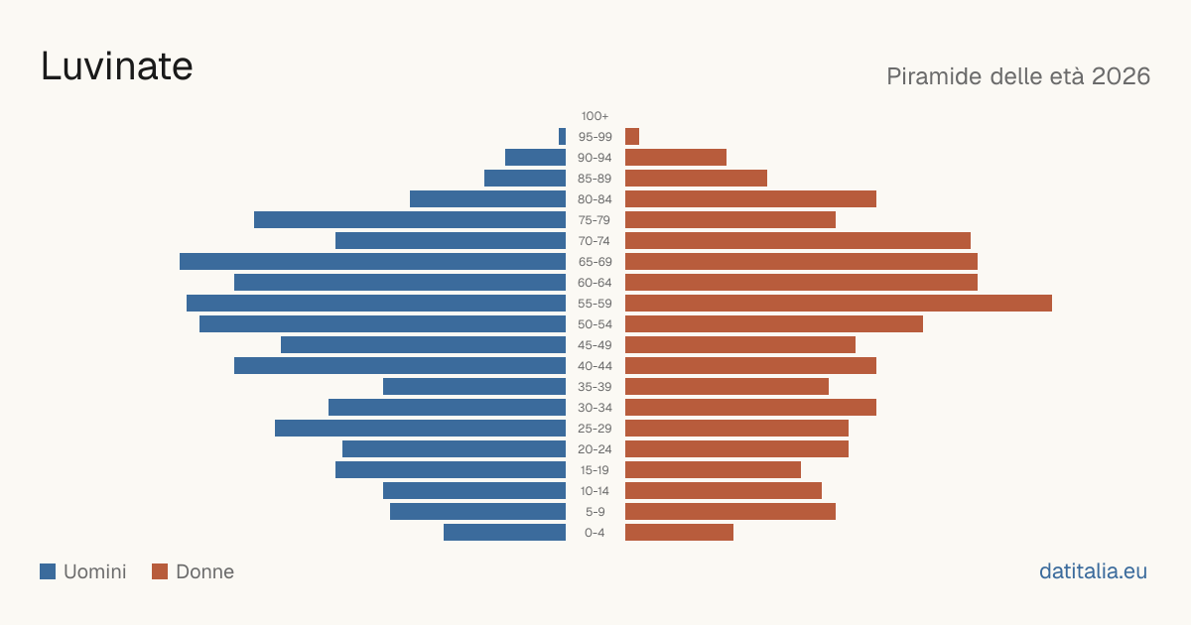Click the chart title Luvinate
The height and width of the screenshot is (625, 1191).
pyautogui.click(x=116, y=66)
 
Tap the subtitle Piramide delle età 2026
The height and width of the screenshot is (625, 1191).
pyautogui.click(x=1018, y=76)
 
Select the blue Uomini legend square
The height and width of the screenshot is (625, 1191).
pyautogui.click(x=48, y=571)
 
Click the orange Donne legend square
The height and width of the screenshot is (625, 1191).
pyautogui.click(x=160, y=571)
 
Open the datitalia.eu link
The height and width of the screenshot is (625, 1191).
pyautogui.click(x=1093, y=571)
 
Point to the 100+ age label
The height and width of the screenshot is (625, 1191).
pyautogui.click(x=595, y=116)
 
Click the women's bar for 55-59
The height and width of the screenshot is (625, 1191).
pyautogui.click(x=839, y=303)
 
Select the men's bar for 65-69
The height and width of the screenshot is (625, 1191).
pyautogui.click(x=373, y=262)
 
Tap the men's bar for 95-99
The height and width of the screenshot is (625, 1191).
pyautogui.click(x=562, y=137)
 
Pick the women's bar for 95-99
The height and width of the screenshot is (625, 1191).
pyautogui.click(x=632, y=137)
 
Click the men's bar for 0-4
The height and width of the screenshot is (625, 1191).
pyautogui.click(x=504, y=532)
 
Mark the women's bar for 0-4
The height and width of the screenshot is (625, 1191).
pyautogui.click(x=679, y=532)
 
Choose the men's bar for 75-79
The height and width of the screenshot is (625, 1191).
pyautogui.click(x=410, y=219)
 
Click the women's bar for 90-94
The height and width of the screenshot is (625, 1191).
pyautogui.click(x=676, y=158)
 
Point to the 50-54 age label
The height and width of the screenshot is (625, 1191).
pyautogui.click(x=595, y=324)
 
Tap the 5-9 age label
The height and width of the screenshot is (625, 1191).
pyautogui.click(x=595, y=512)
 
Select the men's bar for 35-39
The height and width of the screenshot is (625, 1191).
pyautogui.click(x=474, y=386)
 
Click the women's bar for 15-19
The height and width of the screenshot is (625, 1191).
pyautogui.click(x=713, y=470)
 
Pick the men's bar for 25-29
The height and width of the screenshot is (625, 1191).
pyautogui.click(x=420, y=428)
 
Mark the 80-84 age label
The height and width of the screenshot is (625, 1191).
pyautogui.click(x=595, y=199)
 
